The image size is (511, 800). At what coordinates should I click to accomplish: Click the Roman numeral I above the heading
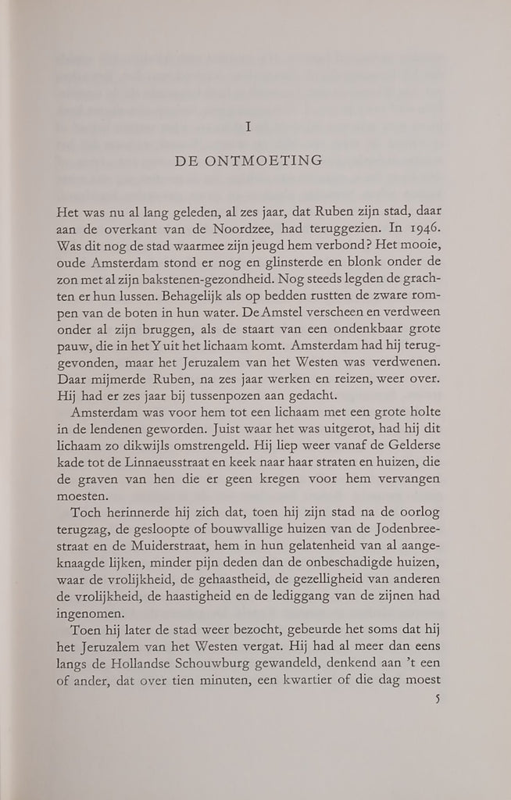pyautogui.click(x=248, y=127)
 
